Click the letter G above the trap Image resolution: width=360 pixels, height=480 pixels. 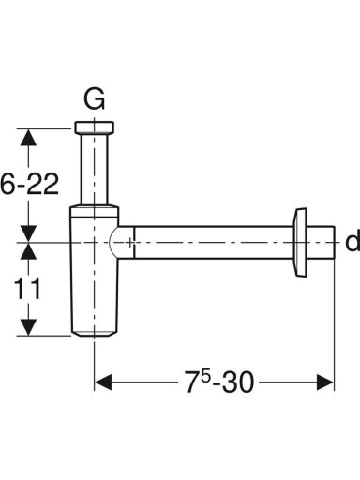(x=94, y=99)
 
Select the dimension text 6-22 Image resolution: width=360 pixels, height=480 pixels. (x=30, y=184)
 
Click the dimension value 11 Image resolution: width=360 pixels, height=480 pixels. (x=27, y=289)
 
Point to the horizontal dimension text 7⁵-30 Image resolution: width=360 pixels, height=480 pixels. (x=219, y=382)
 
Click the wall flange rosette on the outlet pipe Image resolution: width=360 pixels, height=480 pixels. (x=301, y=242)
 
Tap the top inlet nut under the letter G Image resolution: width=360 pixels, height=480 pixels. (x=95, y=127)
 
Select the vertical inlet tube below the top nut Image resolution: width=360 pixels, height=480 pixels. (x=95, y=169)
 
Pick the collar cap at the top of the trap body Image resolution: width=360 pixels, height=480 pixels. (x=94, y=211)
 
